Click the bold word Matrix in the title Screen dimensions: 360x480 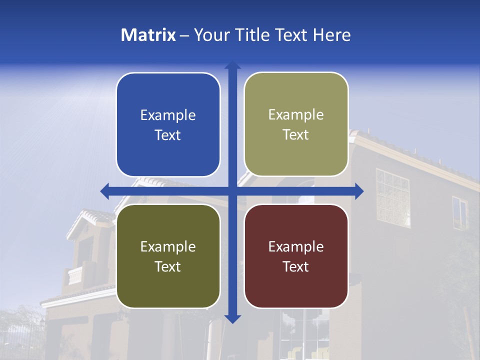pos(148,35)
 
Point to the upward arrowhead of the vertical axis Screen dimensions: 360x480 pos(232,65)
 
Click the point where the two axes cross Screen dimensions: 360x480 pos(232,191)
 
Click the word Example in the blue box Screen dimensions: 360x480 pos(168,115)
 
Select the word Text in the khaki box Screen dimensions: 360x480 pos(296,135)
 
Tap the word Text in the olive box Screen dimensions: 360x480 pos(168,266)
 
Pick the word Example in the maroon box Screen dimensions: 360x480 pos(296,246)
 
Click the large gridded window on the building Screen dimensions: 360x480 pos(392,197)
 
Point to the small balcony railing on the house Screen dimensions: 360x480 pos(75,275)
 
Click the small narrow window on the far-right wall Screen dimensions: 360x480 pos(459,212)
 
